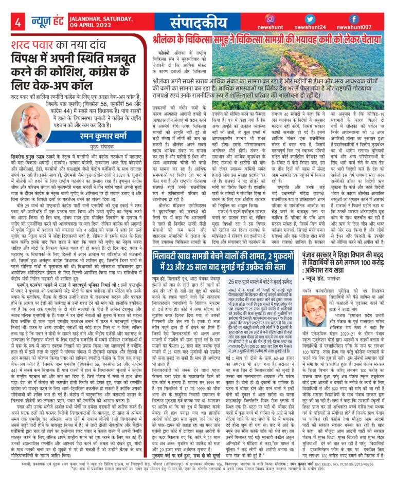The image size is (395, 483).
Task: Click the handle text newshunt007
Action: tap(362, 27)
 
